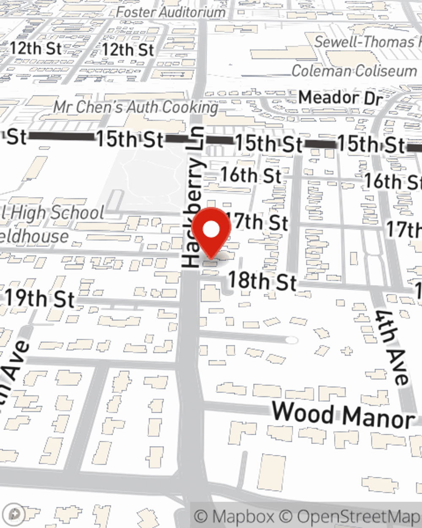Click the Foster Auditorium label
pos(170,12)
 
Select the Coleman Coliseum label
pos(354,71)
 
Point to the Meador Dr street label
pos(340,98)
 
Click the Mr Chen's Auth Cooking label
pos(135,107)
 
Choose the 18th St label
pos(262,281)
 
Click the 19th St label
pos(40,298)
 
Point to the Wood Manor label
pos(343,415)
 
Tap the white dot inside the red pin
pos(211,230)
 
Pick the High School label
pos(53,212)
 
